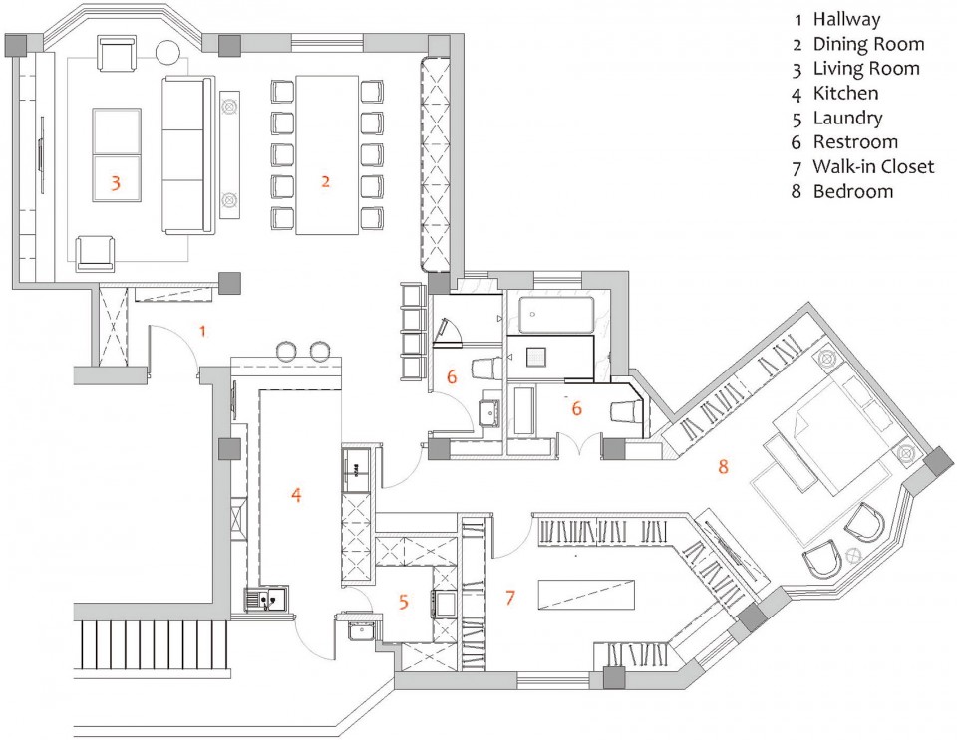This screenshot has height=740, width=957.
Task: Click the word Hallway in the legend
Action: (846, 20)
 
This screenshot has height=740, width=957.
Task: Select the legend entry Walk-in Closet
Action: (873, 166)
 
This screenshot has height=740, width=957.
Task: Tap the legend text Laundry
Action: (847, 118)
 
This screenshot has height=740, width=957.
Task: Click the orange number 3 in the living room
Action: (115, 181)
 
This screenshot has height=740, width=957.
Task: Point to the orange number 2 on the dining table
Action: (325, 181)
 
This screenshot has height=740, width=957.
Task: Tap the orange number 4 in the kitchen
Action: (296, 494)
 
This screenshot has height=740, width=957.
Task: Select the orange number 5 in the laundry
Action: (403, 602)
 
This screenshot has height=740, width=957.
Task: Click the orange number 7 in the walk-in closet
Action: (510, 597)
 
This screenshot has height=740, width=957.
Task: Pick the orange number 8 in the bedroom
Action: (724, 467)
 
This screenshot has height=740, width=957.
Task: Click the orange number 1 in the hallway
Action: (203, 331)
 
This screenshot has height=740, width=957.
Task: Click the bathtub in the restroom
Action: (556, 315)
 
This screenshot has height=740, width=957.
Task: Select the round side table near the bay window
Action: (168, 51)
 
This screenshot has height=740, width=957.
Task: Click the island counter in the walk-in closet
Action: (586, 592)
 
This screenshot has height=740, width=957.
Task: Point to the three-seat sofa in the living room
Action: (188, 154)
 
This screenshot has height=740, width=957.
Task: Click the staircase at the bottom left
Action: (153, 645)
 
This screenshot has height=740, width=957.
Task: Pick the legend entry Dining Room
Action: (868, 44)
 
